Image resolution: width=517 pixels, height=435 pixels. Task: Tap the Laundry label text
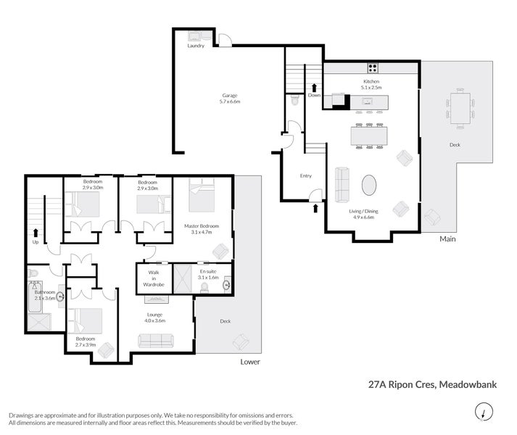pos(196,46)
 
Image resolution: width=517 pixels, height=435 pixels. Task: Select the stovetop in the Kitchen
pos(372,69)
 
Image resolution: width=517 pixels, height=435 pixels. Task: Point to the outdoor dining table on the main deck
pos(460,109)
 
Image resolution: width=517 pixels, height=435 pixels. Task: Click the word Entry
pos(305,175)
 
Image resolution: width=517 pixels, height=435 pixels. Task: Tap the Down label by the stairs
pos(314,95)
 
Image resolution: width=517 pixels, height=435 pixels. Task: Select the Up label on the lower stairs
pos(34,241)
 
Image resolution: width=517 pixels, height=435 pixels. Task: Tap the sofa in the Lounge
pos(155,340)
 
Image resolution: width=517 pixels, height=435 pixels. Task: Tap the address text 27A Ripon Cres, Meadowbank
pos(432,386)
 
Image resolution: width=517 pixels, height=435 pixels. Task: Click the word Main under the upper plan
pos(447,237)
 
